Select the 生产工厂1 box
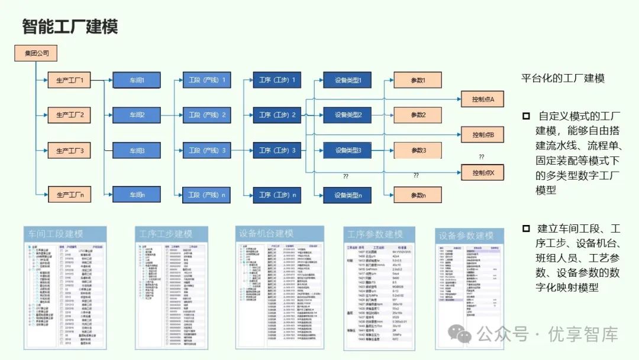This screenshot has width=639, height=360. point(70,80)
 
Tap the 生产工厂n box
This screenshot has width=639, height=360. point(70,194)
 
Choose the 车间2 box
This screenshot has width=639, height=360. point(137,115)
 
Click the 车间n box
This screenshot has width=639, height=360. point(137,194)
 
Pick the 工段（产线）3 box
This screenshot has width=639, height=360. point(207,150)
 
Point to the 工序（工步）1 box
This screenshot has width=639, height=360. point(277,80)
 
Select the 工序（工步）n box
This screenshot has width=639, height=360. point(277,194)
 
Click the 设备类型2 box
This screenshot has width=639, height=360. point(347,115)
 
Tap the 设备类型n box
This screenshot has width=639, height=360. point(347,195)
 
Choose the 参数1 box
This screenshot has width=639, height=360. point(418,80)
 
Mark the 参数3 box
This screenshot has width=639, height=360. point(418,150)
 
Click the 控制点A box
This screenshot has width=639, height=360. point(482,98)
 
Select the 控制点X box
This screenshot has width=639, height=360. point(482,173)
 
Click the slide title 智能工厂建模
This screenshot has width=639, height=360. point(70,27)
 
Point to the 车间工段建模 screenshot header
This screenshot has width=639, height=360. point(57,234)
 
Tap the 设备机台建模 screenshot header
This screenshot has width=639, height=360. point(266,233)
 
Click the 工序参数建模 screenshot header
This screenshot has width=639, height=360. point(375,234)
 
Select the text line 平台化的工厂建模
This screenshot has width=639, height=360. point(563,79)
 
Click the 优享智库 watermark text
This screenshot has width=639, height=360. point(583,335)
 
